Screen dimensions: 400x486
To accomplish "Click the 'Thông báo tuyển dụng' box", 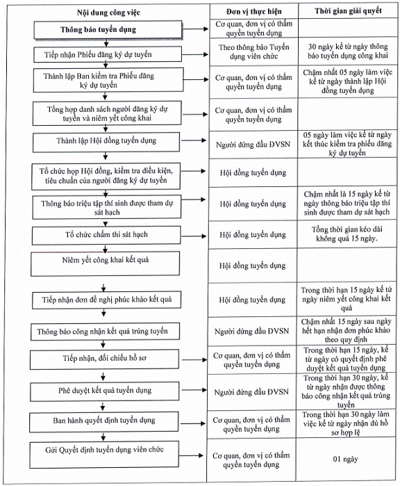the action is pos(108,30).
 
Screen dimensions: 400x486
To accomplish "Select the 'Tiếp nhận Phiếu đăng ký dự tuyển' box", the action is pos(108,54).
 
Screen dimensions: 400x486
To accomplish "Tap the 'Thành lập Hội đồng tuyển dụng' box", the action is pos(106,142).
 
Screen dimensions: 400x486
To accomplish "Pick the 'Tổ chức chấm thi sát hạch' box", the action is pos(106,235).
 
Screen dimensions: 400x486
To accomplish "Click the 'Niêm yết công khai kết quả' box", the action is pos(106,264).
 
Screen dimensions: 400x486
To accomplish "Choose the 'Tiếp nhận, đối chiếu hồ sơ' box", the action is pos(104,359).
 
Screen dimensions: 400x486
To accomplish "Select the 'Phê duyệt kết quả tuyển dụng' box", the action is pos(105,391).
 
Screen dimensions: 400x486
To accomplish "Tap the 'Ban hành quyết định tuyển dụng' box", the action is pos(104,421).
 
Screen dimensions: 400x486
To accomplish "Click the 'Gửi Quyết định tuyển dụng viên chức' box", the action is pos(104,455).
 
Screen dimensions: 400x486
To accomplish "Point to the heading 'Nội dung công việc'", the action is pos(108,13).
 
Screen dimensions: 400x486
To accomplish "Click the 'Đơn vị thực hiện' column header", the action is pos(254,12).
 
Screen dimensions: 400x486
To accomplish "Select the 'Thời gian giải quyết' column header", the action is pos(348,11).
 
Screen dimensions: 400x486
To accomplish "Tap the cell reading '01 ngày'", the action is pos(346,459).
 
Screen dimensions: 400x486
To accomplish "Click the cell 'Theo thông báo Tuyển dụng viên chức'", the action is pos(254,51).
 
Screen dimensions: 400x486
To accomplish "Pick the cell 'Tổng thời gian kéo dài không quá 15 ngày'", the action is pos(347,234).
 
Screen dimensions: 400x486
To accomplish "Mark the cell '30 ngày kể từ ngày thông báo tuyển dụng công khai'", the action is pos(348,51).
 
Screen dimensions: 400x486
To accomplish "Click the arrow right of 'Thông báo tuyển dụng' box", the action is pos(196,29).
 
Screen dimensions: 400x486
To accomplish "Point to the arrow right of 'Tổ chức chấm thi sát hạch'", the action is pos(194,236).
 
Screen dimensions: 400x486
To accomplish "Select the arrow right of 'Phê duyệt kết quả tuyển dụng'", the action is pos(193,390).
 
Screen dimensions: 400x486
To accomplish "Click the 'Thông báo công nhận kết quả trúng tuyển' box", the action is pos(105,332).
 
